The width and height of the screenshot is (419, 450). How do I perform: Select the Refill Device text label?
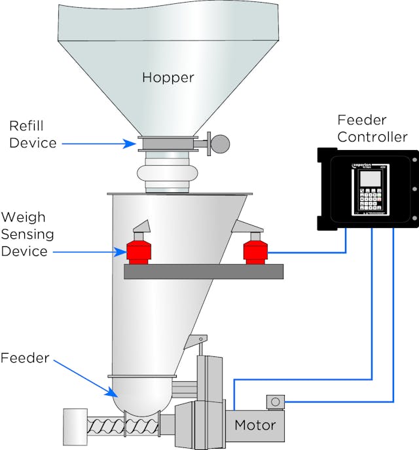(33, 134)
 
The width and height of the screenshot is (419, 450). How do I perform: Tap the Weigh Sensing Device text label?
(27, 234)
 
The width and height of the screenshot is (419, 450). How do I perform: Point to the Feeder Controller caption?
(372, 128)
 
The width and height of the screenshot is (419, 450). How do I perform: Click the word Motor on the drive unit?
(256, 425)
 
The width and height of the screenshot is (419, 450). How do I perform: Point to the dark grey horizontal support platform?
(203, 272)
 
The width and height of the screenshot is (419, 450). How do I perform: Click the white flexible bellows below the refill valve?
(166, 175)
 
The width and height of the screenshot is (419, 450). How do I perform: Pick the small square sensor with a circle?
(275, 401)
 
